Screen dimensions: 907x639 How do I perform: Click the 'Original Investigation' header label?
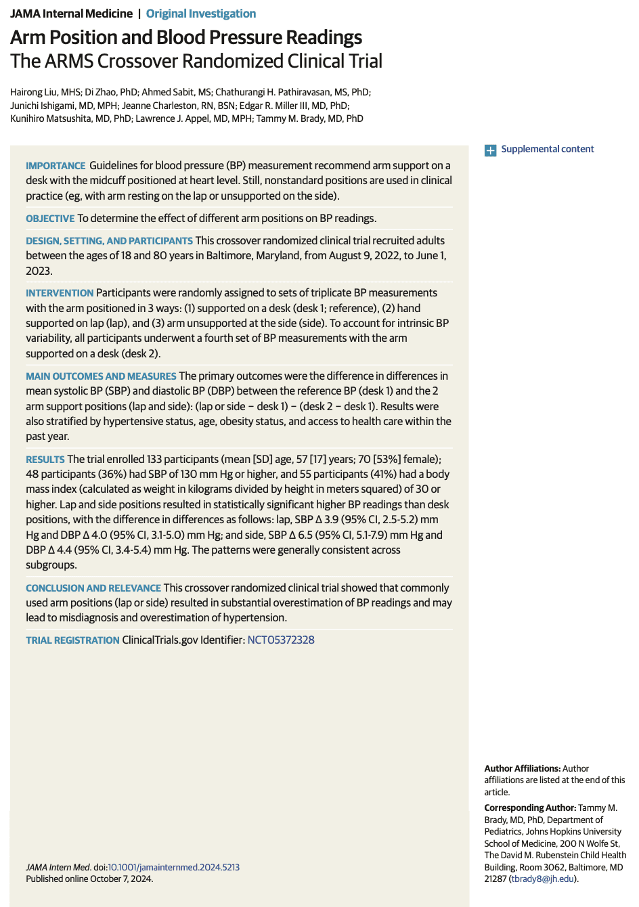tap(201, 14)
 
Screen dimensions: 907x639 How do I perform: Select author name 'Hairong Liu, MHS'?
tap(45, 92)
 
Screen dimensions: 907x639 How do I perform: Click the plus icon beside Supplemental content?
tap(490, 150)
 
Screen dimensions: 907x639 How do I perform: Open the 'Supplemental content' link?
tap(547, 149)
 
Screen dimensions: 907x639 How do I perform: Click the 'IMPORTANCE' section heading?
tap(56, 166)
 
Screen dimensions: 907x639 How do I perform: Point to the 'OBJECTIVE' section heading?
tap(50, 219)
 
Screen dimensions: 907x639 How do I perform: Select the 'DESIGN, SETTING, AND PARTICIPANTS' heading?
tap(109, 241)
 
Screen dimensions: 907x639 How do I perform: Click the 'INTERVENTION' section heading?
tap(60, 293)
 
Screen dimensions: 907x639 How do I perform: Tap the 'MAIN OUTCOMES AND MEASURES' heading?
tap(101, 376)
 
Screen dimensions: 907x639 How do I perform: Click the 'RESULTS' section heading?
tap(45, 460)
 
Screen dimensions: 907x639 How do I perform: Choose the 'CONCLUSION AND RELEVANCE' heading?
tap(93, 588)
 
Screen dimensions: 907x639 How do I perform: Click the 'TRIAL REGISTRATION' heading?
tap(72, 640)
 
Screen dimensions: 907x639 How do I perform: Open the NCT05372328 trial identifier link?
tap(281, 640)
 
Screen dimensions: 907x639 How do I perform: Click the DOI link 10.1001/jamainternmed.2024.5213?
tap(173, 867)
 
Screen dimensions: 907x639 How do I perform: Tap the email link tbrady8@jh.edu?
tap(542, 879)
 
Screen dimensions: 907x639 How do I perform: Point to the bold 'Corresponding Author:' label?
tap(530, 808)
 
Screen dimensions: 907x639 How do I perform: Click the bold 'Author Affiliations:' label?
tap(522, 768)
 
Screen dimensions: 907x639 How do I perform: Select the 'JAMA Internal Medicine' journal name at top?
tap(71, 14)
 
